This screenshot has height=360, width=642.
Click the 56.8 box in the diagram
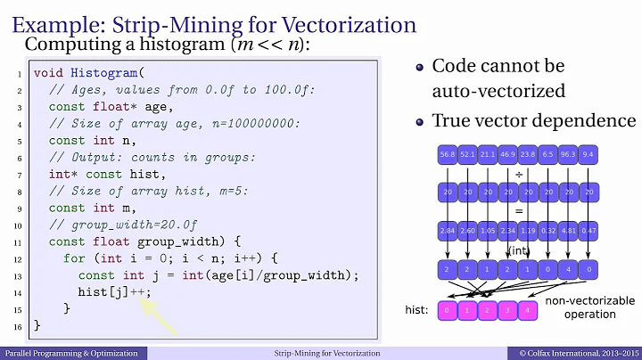click(447, 156)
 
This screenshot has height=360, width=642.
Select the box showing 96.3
click(568, 156)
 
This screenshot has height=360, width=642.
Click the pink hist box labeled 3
click(507, 310)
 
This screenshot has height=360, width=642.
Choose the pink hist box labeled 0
click(447, 310)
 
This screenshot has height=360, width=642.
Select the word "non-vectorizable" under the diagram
click(589, 301)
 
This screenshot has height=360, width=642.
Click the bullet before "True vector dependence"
click(420, 120)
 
